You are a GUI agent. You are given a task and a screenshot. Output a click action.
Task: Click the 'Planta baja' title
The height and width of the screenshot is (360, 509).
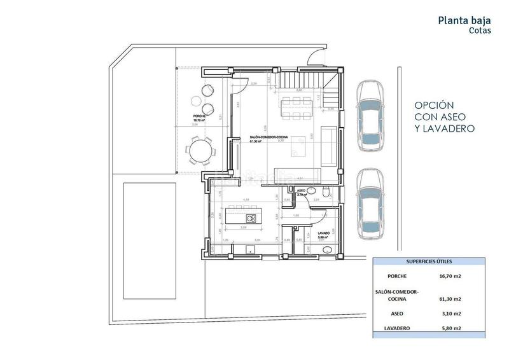464,20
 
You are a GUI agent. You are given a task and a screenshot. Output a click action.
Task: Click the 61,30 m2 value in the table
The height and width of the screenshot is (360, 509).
449,298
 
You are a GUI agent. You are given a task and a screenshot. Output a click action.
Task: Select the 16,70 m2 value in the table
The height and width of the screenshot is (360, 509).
449,277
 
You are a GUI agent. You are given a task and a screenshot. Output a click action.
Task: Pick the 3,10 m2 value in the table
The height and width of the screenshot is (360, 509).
449,314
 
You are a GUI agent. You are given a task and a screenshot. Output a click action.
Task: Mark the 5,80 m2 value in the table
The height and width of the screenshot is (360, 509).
449,328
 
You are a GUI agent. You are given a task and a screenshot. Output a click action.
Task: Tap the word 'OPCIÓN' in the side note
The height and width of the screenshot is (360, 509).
433,106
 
